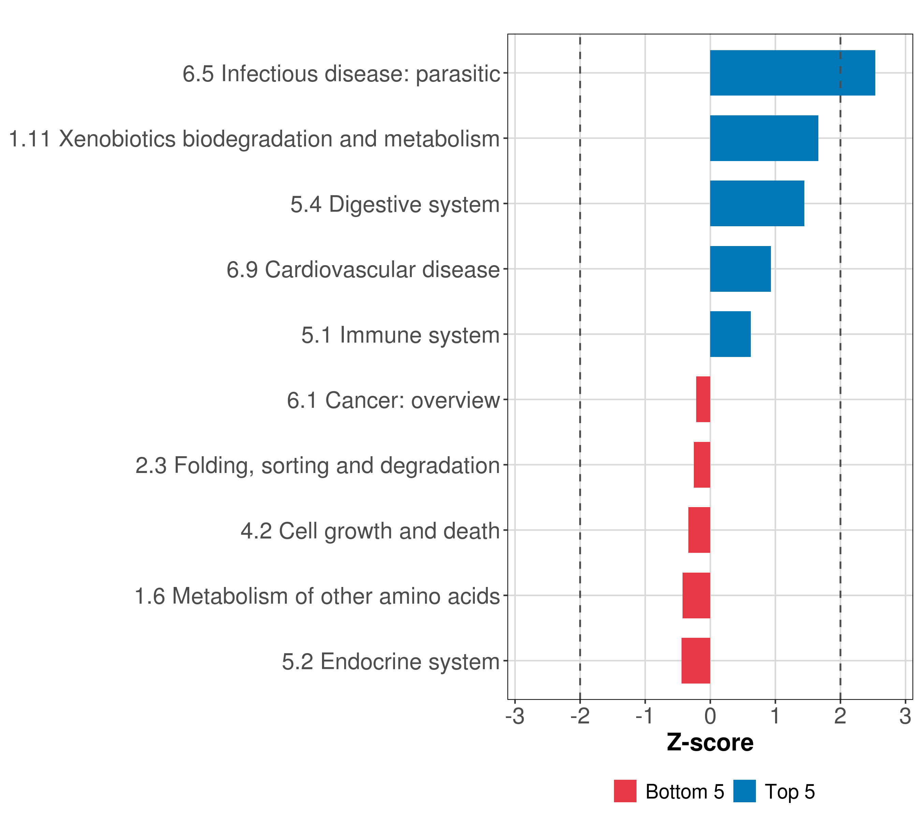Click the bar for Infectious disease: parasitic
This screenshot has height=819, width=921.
click(x=792, y=73)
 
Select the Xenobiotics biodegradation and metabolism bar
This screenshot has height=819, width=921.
click(x=764, y=139)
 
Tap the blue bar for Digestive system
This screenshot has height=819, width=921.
click(x=757, y=203)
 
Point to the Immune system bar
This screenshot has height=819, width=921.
click(x=730, y=334)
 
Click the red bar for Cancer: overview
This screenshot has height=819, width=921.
click(x=703, y=399)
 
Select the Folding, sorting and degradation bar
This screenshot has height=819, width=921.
click(x=702, y=465)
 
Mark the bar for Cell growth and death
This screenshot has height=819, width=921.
click(x=699, y=530)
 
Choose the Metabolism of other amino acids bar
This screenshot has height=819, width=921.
click(x=696, y=595)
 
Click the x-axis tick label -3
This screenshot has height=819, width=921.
click(x=515, y=716)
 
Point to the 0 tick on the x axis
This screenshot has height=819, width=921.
click(x=710, y=716)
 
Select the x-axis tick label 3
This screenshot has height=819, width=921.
click(x=905, y=716)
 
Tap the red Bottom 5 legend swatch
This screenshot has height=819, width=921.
click(x=625, y=791)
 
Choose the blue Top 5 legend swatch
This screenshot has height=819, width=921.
click(x=744, y=791)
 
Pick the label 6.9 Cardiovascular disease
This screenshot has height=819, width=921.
click(x=363, y=270)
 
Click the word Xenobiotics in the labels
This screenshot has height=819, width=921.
click(x=117, y=139)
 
